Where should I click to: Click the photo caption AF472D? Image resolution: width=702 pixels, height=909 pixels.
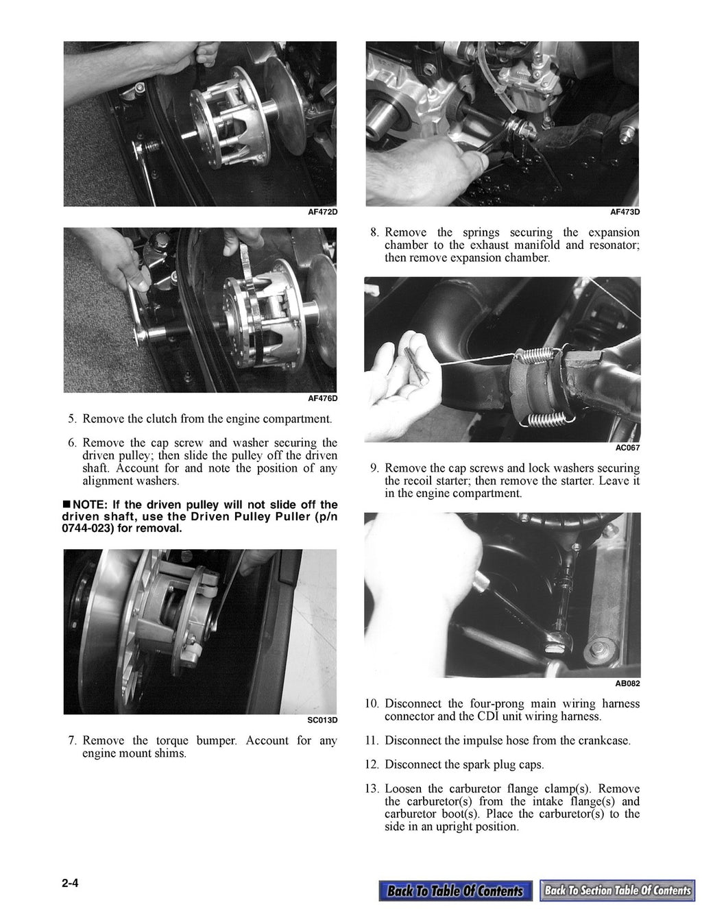point(322,213)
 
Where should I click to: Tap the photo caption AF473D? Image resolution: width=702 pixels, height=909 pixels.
point(625,213)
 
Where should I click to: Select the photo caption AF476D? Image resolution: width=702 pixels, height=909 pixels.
point(322,398)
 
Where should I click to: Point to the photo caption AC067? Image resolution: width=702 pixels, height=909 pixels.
point(628,448)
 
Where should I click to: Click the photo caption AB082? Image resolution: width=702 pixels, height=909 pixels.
point(627,683)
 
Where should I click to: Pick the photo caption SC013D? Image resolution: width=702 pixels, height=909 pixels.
point(322,720)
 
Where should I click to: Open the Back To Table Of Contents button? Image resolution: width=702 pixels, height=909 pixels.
point(455,890)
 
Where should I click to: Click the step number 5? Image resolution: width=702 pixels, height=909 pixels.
point(72,419)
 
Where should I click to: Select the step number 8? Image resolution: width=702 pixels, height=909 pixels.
point(374,232)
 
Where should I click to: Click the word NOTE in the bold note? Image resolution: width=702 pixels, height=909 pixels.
point(88,505)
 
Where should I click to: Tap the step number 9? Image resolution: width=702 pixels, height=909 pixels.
point(374,468)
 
